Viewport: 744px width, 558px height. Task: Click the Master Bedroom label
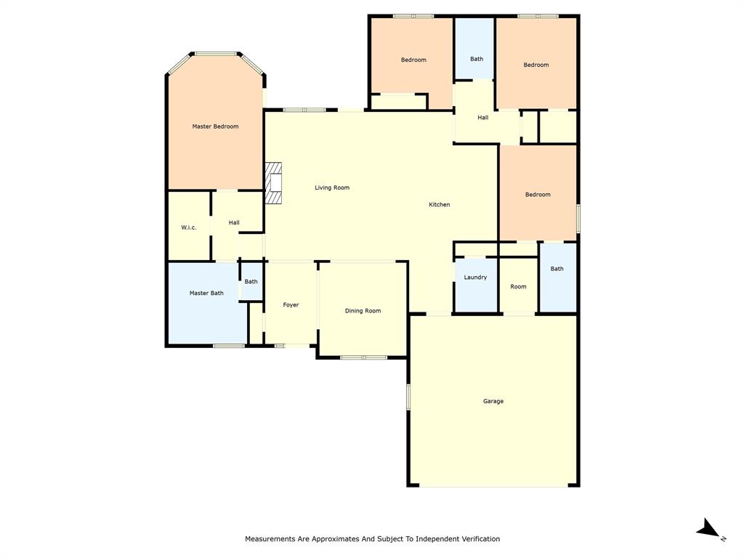(215, 126)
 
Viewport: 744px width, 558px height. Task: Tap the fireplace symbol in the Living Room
(273, 184)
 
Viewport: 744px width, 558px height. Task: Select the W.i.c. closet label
(189, 227)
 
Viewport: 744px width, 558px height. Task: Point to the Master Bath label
(206, 293)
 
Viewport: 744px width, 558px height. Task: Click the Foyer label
(291, 304)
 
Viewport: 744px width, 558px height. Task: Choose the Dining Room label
(363, 311)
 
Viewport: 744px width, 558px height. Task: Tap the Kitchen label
(439, 205)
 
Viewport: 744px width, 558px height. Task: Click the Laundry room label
(475, 278)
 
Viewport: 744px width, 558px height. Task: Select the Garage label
(493, 401)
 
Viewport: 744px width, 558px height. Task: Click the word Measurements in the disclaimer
(270, 539)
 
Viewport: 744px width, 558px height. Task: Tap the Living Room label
(332, 187)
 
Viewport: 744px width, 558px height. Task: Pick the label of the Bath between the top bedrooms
(477, 59)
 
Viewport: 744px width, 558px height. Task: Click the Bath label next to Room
(557, 269)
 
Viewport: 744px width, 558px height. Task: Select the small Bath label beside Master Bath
(251, 281)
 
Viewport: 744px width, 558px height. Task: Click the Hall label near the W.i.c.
(234, 222)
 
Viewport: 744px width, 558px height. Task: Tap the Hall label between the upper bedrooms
(482, 118)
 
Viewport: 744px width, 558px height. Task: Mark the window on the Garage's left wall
(408, 397)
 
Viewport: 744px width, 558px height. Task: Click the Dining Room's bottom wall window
(363, 357)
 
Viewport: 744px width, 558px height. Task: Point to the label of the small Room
(518, 286)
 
